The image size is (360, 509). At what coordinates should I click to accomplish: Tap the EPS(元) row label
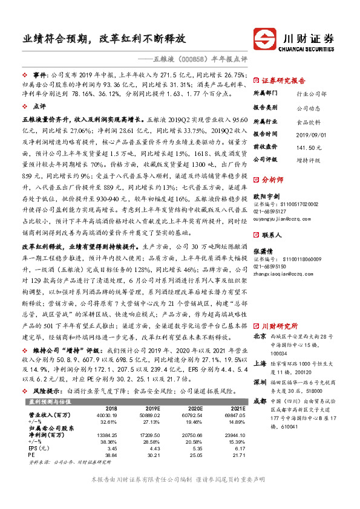[x=39, y=449]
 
